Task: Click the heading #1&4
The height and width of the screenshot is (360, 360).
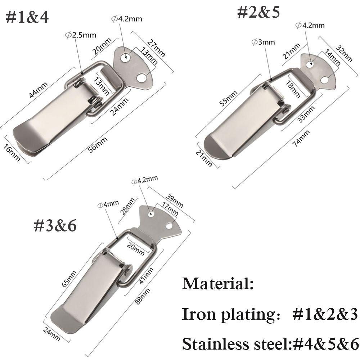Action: click(27, 17)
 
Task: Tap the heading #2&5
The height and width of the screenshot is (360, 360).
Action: click(258, 12)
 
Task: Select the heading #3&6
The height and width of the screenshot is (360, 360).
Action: click(55, 226)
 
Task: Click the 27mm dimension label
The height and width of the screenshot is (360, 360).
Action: click(156, 47)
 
